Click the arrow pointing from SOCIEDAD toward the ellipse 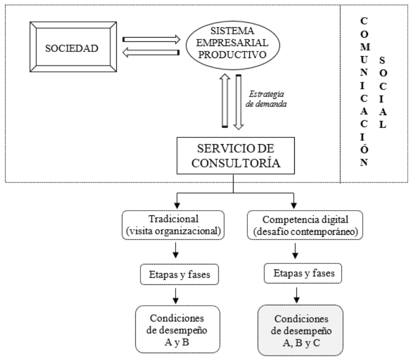[151, 40]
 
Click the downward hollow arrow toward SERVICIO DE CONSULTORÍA [239, 101]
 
